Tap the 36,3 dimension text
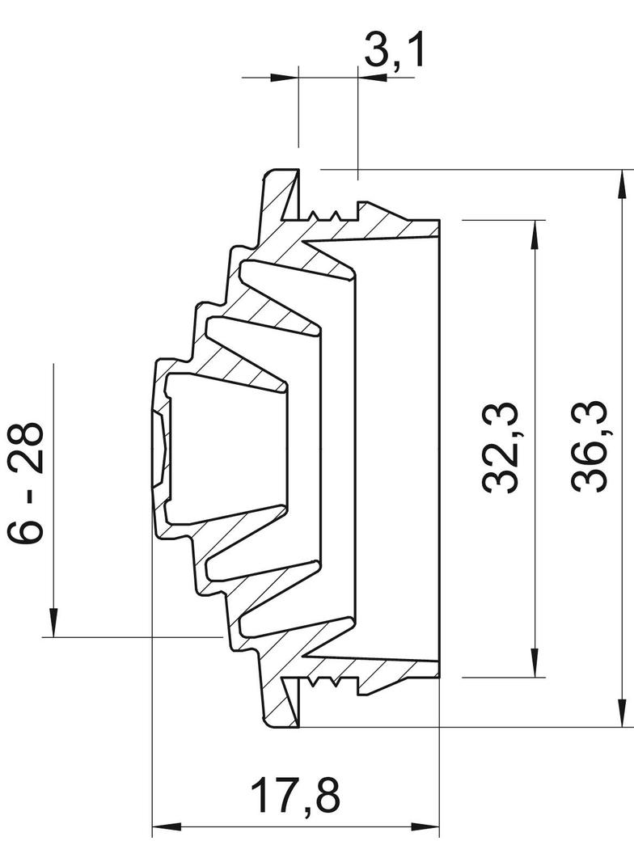[x=589, y=446]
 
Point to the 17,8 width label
[x=295, y=794]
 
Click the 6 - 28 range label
[x=25, y=483]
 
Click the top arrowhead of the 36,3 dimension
[x=622, y=184]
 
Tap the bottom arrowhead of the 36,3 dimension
[x=622, y=713]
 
